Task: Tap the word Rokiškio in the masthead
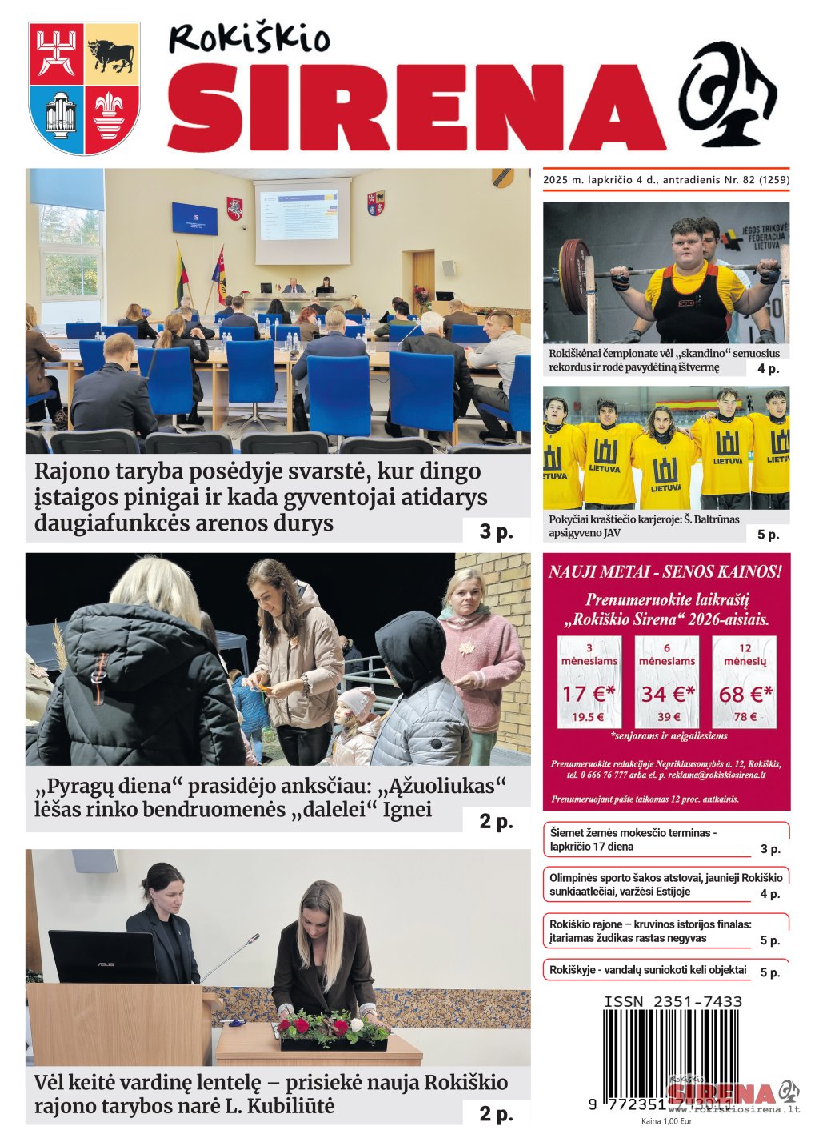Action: click(249, 38)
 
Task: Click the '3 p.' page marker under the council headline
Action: click(496, 531)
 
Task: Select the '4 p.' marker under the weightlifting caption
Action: click(768, 368)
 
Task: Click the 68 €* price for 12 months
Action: click(745, 693)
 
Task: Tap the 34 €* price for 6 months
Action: click(668, 693)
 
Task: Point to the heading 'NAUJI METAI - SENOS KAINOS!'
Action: click(665, 571)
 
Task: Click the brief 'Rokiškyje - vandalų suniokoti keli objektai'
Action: click(648, 970)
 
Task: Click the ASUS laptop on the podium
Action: click(102, 957)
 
